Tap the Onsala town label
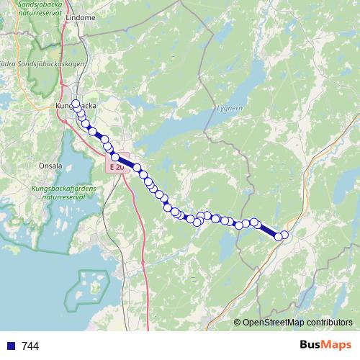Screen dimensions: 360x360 click(x=50, y=165)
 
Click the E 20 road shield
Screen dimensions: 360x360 click(x=117, y=166)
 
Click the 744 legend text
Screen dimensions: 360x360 click(x=30, y=346)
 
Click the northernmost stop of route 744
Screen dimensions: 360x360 click(x=76, y=104)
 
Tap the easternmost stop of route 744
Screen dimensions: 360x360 click(x=284, y=234)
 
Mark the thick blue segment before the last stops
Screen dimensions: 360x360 click(x=267, y=229)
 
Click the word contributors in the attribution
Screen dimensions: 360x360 click(x=328, y=322)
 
